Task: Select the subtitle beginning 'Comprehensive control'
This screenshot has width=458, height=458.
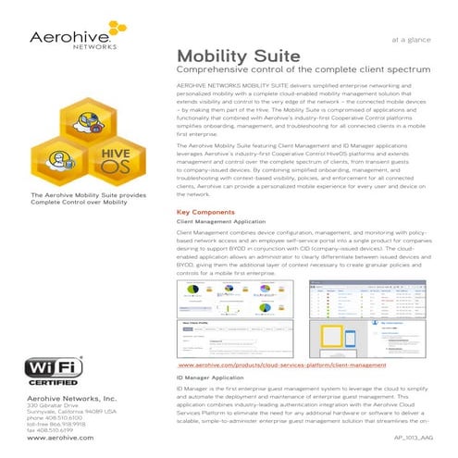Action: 305,72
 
